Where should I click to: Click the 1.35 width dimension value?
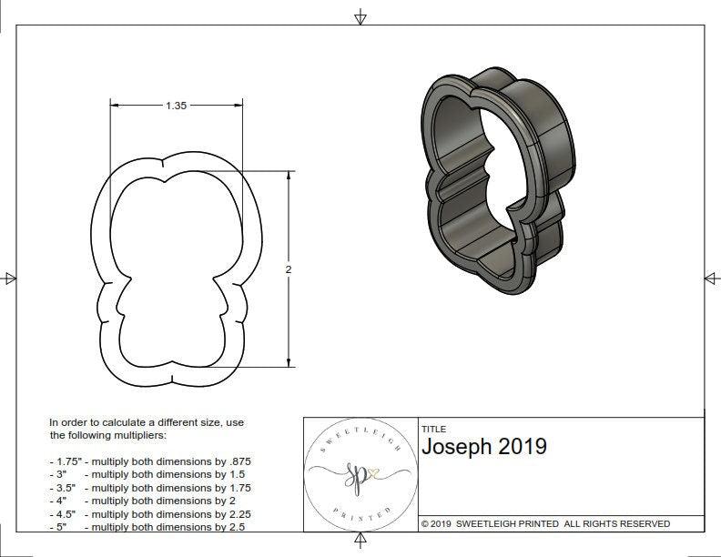[x=176, y=106]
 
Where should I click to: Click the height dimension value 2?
[x=289, y=270]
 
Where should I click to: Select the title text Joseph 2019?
[x=483, y=446]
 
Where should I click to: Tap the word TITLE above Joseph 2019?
[x=433, y=429]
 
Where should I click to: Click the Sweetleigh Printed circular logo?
[x=359, y=474]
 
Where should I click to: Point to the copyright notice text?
[x=545, y=523]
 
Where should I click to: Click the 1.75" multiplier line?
[x=150, y=461]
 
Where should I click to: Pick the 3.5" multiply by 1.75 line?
[x=150, y=487]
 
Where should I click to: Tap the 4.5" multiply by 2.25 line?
[x=150, y=513]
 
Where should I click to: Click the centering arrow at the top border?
[x=360, y=15]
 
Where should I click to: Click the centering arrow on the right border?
[x=711, y=278]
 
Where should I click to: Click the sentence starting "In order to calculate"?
[x=146, y=429]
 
